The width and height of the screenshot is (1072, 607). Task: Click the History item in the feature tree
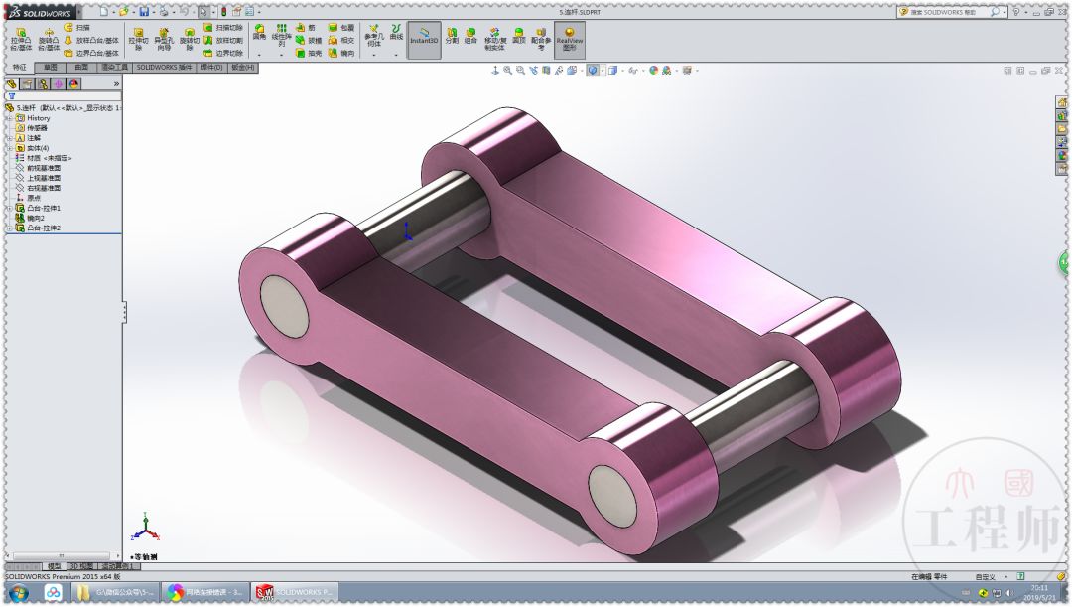coord(38,118)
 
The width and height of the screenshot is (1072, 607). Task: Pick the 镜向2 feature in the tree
coord(38,218)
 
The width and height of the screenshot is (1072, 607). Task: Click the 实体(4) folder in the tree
coord(39,148)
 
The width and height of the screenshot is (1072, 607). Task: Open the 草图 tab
coord(49,68)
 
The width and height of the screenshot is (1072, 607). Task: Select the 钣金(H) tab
coord(243,68)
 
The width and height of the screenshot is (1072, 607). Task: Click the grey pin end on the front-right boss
coord(611,493)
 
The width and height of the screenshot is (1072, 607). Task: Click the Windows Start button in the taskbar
coord(18,593)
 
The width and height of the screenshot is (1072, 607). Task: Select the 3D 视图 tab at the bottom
coord(80,566)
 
